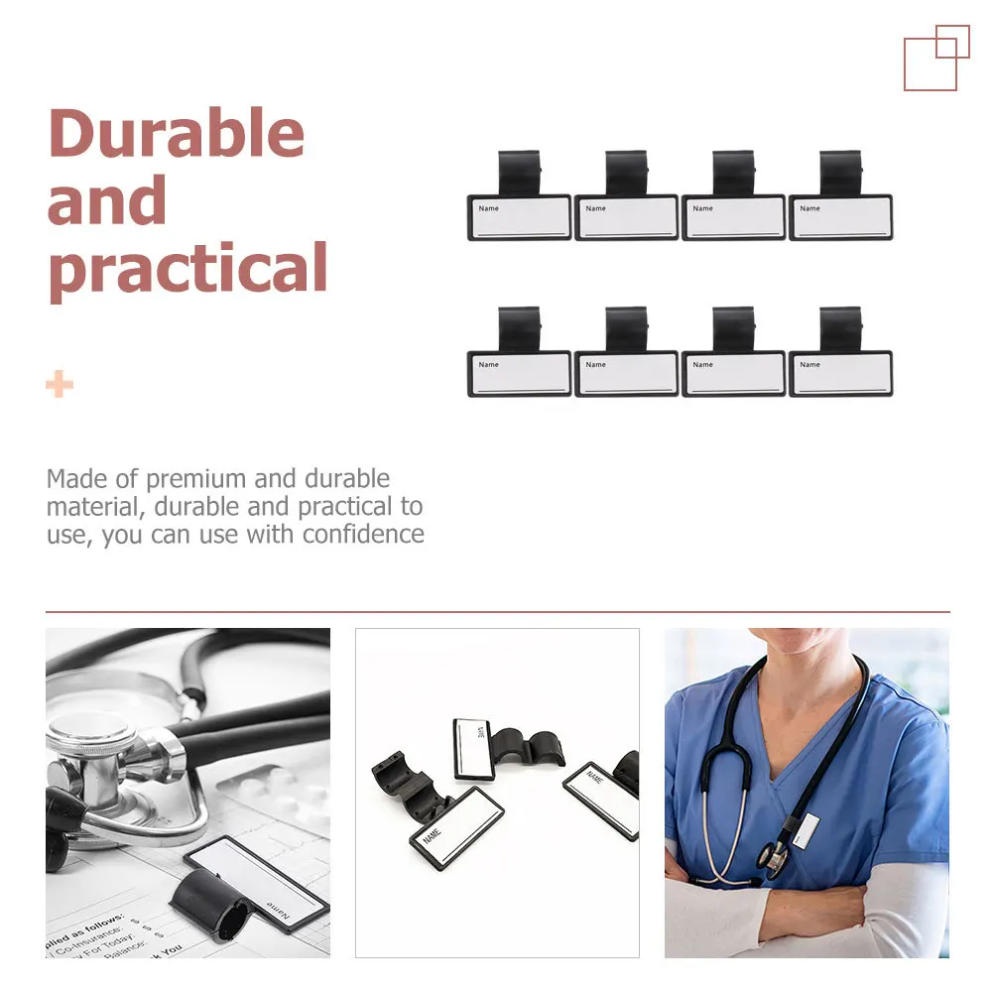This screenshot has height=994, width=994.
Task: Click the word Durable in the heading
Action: pos(176,134)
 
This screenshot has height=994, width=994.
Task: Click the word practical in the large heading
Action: pos(187,269)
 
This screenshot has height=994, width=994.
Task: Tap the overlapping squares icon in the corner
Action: pos(935,58)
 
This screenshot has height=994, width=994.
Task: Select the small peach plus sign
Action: pos(60,384)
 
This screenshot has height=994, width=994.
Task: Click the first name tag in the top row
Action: pos(519,217)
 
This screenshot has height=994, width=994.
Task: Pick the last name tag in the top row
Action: pos(840,217)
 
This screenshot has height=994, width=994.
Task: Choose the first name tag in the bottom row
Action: pos(519,373)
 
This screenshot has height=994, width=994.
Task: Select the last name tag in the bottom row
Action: pos(840,373)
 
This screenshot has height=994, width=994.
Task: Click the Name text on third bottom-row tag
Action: pos(702,364)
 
